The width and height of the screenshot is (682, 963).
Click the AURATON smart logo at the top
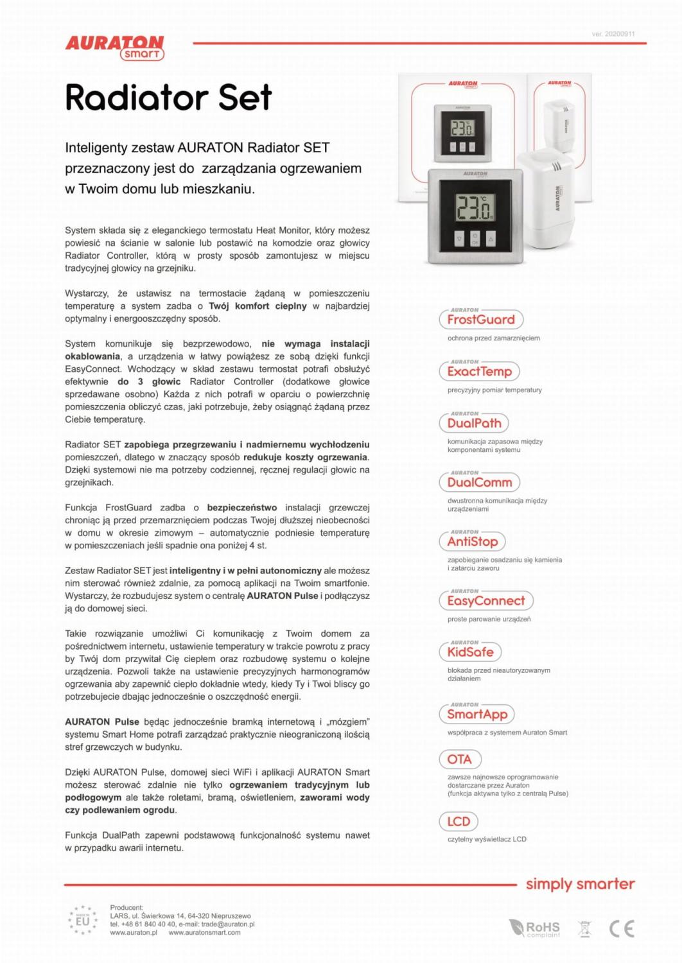click(x=115, y=48)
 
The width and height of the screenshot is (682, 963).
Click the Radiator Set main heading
click(x=168, y=98)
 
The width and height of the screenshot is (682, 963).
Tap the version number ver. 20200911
click(x=613, y=34)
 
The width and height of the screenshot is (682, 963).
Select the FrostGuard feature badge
click(x=481, y=319)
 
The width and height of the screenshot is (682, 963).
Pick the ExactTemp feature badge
click(x=479, y=371)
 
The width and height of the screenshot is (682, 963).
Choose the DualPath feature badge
click(x=474, y=423)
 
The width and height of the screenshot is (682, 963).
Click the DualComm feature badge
click(x=479, y=482)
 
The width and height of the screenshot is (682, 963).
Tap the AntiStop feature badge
click(x=473, y=541)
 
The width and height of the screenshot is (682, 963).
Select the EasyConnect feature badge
click(x=486, y=600)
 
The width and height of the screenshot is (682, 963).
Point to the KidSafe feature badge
click(x=470, y=652)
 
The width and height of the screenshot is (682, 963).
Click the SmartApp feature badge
click(x=477, y=714)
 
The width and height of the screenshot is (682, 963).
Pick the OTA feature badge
click(x=459, y=759)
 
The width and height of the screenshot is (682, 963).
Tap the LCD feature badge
click(x=459, y=821)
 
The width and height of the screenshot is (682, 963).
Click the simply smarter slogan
click(x=580, y=884)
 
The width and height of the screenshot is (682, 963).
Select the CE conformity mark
click(x=622, y=928)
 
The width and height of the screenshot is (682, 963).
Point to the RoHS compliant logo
click(x=534, y=928)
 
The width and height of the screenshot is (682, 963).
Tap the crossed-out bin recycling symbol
click(x=584, y=928)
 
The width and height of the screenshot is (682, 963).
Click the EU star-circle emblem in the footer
click(x=83, y=921)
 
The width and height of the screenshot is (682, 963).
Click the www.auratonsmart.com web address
click(x=204, y=933)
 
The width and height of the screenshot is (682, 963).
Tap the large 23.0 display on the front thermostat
click(x=474, y=207)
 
